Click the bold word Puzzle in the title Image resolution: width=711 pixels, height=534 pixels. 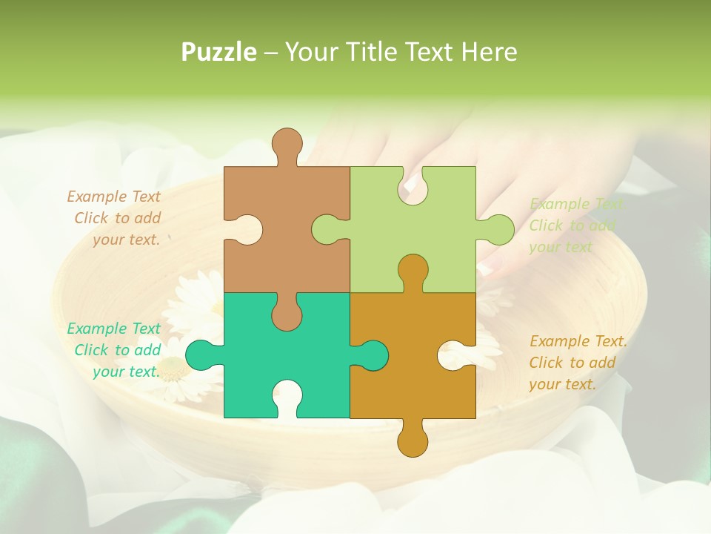tap(219, 52)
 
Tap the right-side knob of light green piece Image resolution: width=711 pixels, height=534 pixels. tap(498, 229)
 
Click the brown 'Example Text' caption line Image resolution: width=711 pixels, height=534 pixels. tap(113, 197)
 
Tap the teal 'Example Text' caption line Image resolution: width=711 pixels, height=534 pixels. tap(113, 329)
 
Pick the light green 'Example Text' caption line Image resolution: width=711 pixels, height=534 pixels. tap(576, 204)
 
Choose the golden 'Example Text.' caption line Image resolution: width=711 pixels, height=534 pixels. tap(578, 341)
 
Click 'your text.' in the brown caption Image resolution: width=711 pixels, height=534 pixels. tap(126, 240)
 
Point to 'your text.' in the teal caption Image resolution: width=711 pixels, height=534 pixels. tap(126, 372)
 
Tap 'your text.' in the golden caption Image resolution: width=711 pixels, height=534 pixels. tap(562, 384)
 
